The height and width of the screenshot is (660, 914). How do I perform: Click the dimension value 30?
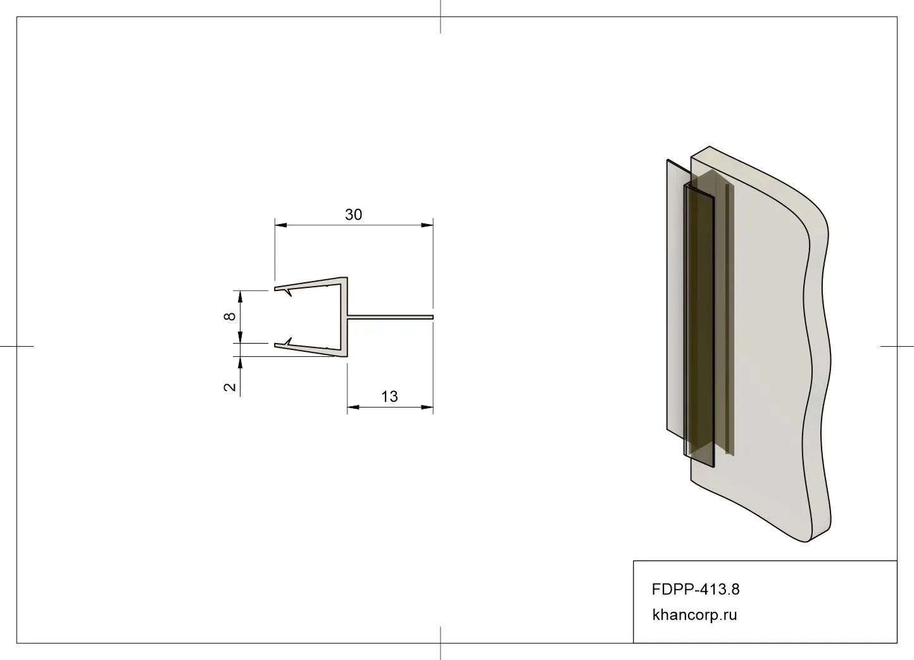pos(353,215)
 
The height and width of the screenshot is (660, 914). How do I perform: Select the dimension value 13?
pos(389,397)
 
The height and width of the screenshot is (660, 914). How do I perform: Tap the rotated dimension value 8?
pos(230,316)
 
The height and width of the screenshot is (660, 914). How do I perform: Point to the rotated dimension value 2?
pos(230,386)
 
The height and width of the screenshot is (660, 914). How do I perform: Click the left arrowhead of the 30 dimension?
pos(281,225)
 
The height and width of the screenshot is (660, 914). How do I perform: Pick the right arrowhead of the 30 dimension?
pos(427,225)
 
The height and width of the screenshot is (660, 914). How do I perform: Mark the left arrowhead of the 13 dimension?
pos(353,407)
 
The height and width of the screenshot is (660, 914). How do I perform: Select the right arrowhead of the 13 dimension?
pos(427,407)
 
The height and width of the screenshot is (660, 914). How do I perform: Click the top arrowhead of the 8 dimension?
pos(241,297)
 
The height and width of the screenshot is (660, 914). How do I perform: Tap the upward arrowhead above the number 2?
pos(241,363)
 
